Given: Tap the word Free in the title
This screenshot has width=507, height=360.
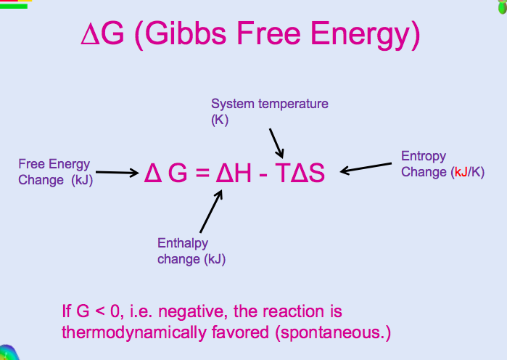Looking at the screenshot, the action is point(268,33).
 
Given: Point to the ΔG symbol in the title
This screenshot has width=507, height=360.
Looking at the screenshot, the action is point(102,33).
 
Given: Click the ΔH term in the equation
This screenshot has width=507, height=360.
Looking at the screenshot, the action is point(234,173).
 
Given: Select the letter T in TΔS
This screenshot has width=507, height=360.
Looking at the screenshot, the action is point(283,173).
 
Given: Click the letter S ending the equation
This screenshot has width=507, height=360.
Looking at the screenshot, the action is point(316,173).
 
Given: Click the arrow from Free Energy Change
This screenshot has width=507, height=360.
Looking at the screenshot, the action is point(118,173).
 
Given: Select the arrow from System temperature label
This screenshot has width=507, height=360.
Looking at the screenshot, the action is point(276,143).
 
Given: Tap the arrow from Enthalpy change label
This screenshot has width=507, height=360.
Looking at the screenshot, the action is point(211,211).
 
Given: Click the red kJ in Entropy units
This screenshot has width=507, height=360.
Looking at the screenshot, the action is point(461,172).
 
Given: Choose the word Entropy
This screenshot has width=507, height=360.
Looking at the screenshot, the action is point(424,157).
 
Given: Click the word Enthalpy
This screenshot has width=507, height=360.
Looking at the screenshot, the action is point(183,244).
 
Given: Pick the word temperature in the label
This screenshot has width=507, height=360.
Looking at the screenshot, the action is point(293,104).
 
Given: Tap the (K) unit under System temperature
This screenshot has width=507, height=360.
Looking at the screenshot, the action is point(220,120).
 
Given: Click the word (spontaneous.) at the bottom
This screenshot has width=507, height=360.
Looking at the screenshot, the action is point(333,332).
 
